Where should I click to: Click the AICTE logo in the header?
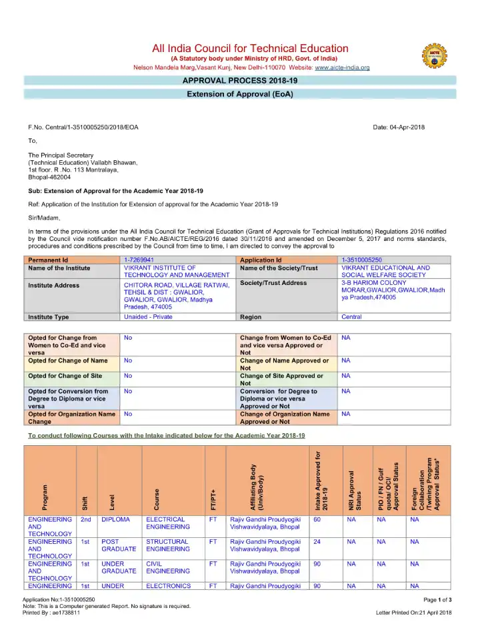pos(430,56)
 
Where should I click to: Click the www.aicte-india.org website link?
pos(341,68)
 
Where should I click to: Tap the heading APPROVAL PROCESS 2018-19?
pos(239,81)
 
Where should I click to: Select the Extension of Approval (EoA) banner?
pos(239,94)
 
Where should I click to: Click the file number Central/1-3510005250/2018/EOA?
pos(83,127)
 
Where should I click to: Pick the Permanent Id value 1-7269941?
pos(139,259)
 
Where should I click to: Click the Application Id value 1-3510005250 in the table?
pos(361,259)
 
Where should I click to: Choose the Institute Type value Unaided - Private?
pos(148,317)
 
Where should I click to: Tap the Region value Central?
pos(351,317)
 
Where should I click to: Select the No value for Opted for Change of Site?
pos(128,376)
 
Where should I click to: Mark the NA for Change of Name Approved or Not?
pos(345,361)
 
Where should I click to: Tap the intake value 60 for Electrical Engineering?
pos(317,519)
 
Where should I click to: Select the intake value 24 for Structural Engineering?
pos(317,543)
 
